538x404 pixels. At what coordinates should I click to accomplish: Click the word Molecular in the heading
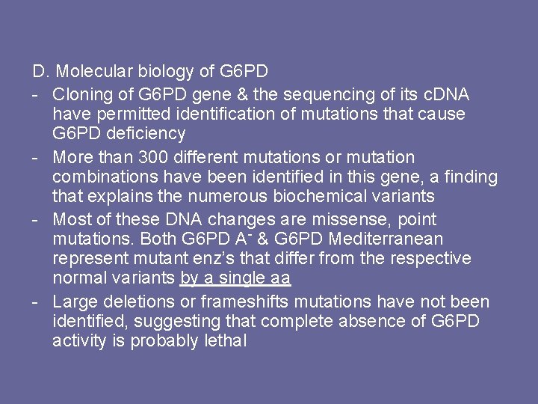90,73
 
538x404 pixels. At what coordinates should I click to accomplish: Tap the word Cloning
81,95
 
